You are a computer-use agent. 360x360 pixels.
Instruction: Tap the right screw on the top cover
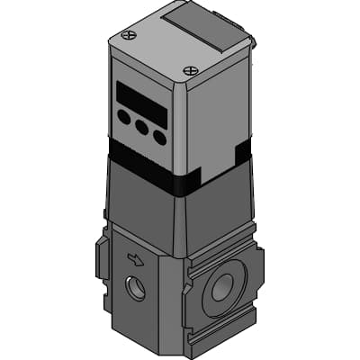(x=189, y=70)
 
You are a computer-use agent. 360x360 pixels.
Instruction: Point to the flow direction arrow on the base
(x=136, y=260)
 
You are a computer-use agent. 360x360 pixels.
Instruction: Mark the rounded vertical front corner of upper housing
(x=184, y=126)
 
